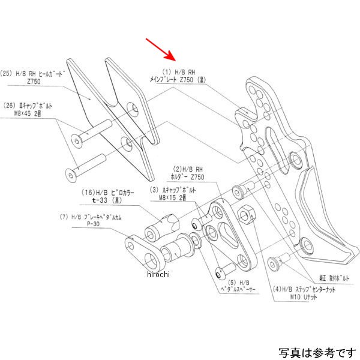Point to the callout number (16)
tap(89, 194)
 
